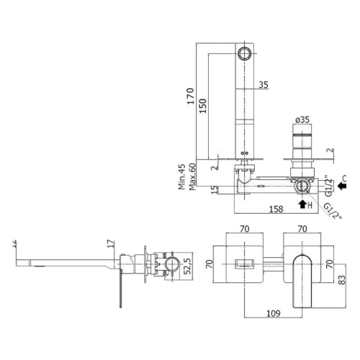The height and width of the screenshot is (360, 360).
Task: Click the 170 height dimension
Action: pos(191,96)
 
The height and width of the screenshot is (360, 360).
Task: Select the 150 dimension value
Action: pos(203,107)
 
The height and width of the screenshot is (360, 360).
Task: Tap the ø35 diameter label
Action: pos(302,120)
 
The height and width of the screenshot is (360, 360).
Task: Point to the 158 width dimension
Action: pos(276,209)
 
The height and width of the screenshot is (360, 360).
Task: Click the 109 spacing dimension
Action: pos(274,313)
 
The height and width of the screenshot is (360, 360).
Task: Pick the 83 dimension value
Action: pos(343,279)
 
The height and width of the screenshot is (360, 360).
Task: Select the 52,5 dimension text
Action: pos(187,266)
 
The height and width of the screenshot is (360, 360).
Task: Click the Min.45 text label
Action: pos(182,177)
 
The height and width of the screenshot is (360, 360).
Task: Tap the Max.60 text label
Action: pos(192,177)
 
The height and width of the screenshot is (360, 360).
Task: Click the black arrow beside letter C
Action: pos(342,186)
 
